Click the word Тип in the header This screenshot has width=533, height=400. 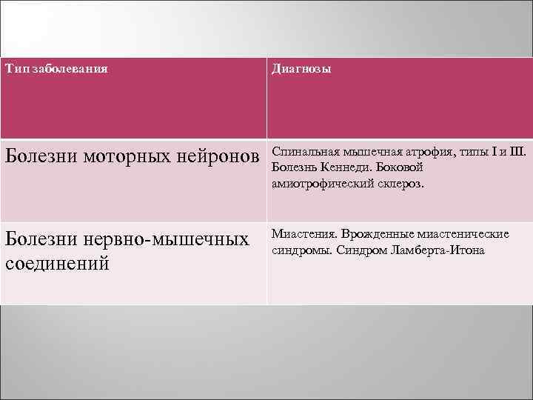click(14, 69)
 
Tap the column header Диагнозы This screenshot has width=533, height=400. click(301, 69)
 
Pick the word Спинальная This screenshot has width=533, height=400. click(304, 153)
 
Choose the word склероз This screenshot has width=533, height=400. click(400, 184)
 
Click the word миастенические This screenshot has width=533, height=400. click(463, 234)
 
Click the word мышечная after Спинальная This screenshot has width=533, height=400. click(366, 153)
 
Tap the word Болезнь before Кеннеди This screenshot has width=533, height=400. click(295, 168)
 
